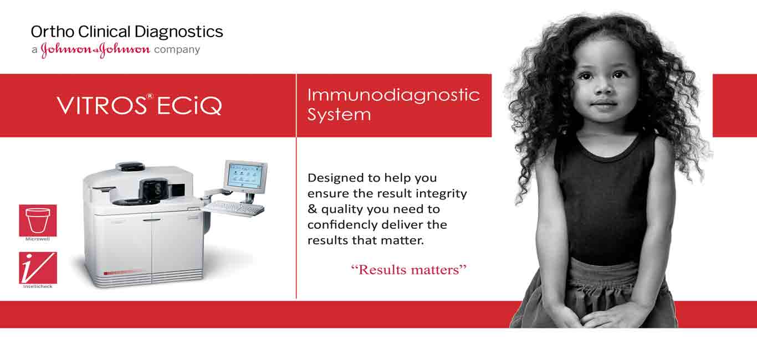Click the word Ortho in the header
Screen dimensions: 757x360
tap(53, 32)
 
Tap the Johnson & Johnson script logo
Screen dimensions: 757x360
tap(95, 50)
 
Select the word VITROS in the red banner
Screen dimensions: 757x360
tap(101, 105)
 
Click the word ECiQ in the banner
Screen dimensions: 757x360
tap(190, 106)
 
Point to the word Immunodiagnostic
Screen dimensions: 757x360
tap(393, 95)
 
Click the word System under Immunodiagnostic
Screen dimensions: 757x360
tap(339, 115)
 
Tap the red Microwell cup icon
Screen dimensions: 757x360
tap(38, 220)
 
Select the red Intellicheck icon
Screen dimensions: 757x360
tap(38, 268)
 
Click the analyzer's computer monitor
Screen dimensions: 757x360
tap(245, 176)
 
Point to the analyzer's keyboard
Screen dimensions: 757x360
tap(235, 208)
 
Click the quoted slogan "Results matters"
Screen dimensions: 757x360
tap(408, 270)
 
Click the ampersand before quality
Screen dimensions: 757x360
tap(312, 209)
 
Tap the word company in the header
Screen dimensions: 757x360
tap(177, 50)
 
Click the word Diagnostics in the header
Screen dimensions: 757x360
tap(178, 32)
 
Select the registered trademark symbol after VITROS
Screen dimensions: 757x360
tap(150, 96)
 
